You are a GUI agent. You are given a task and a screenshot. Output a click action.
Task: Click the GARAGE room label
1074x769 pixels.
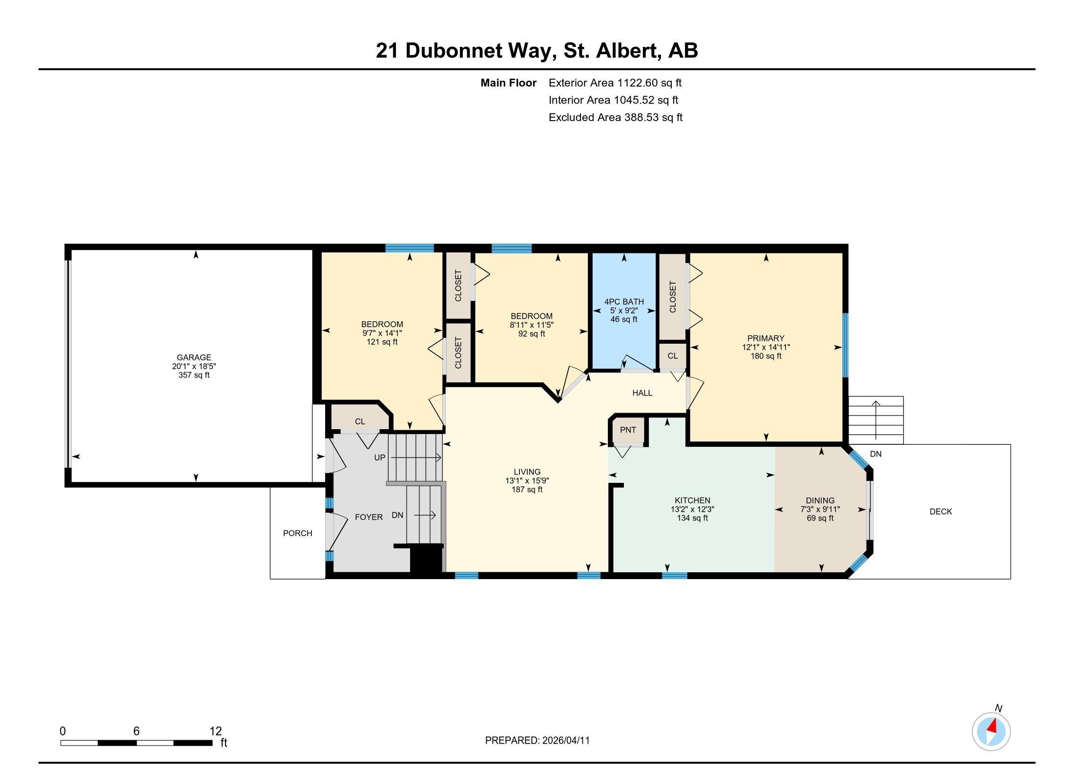tap(194, 357)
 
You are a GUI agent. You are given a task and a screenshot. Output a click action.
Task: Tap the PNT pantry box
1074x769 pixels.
tap(628, 430)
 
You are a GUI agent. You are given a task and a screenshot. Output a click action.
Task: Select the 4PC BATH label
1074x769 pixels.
tap(623, 302)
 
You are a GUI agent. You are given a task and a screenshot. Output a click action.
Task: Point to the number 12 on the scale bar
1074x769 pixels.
tap(215, 731)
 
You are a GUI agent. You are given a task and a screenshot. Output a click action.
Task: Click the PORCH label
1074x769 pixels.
tap(297, 533)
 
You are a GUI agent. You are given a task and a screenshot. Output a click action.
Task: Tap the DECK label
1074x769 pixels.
tap(940, 512)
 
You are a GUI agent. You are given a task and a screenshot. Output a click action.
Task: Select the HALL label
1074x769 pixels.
tap(642, 393)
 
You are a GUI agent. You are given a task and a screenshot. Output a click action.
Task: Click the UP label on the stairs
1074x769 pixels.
tap(379, 457)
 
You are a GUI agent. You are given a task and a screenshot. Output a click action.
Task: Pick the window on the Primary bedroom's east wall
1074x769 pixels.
tap(846, 345)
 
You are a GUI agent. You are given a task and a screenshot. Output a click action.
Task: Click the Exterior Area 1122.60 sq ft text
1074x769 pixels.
tap(615, 83)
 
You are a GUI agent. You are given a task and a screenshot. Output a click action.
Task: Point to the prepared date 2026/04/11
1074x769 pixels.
tap(565, 741)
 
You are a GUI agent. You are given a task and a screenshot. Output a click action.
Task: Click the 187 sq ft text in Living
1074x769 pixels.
tap(527, 490)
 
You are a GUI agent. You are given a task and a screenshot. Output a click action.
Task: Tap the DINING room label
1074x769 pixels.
tap(820, 500)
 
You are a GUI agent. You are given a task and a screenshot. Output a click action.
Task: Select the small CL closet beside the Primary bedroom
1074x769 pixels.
tap(672, 356)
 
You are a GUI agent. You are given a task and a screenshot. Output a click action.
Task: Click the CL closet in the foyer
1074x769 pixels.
tap(360, 421)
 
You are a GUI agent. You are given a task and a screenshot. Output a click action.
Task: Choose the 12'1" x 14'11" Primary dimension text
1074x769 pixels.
tap(765, 347)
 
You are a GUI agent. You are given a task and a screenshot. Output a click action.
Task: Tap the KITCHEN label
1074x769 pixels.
tap(692, 500)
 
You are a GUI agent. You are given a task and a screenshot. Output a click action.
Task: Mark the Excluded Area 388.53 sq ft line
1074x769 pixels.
tap(615, 117)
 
